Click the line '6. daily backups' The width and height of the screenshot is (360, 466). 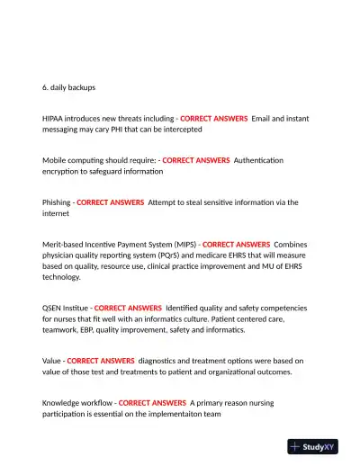68,88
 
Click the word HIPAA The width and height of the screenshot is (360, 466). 55,119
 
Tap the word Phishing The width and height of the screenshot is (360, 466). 56,202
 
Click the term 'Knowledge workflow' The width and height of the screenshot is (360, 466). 76,403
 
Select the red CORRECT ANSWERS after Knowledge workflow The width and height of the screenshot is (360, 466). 152,403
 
